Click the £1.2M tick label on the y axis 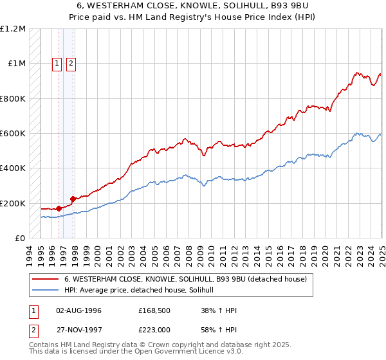coord(14,29)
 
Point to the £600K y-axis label coord(13,134)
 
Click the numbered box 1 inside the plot coord(57,63)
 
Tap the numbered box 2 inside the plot coord(70,63)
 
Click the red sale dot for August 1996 coord(59,208)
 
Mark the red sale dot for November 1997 coord(73,199)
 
